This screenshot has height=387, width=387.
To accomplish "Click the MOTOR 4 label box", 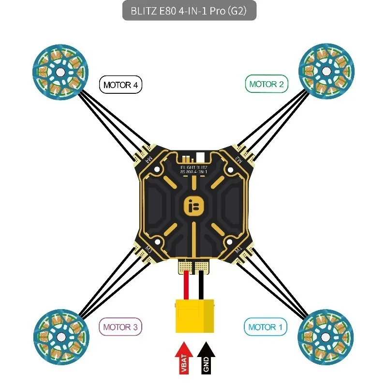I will (x=121, y=85).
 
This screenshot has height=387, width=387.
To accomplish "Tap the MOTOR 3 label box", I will (x=121, y=327).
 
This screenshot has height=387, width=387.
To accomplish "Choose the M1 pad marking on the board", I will (x=238, y=250).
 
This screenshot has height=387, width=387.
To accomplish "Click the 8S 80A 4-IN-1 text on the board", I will (x=193, y=171).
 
